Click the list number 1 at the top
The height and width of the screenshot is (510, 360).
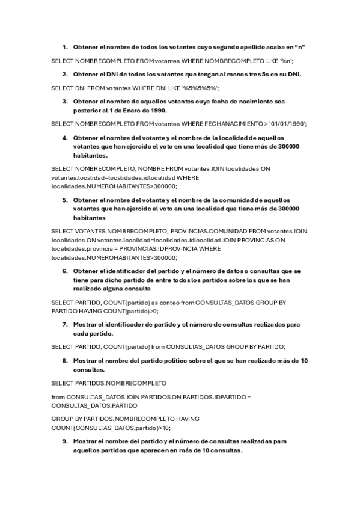tap(64, 47)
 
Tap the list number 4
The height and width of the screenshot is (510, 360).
tap(64, 137)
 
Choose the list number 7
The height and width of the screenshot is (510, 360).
tap(64, 325)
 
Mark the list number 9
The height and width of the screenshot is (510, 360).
tap(64, 441)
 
